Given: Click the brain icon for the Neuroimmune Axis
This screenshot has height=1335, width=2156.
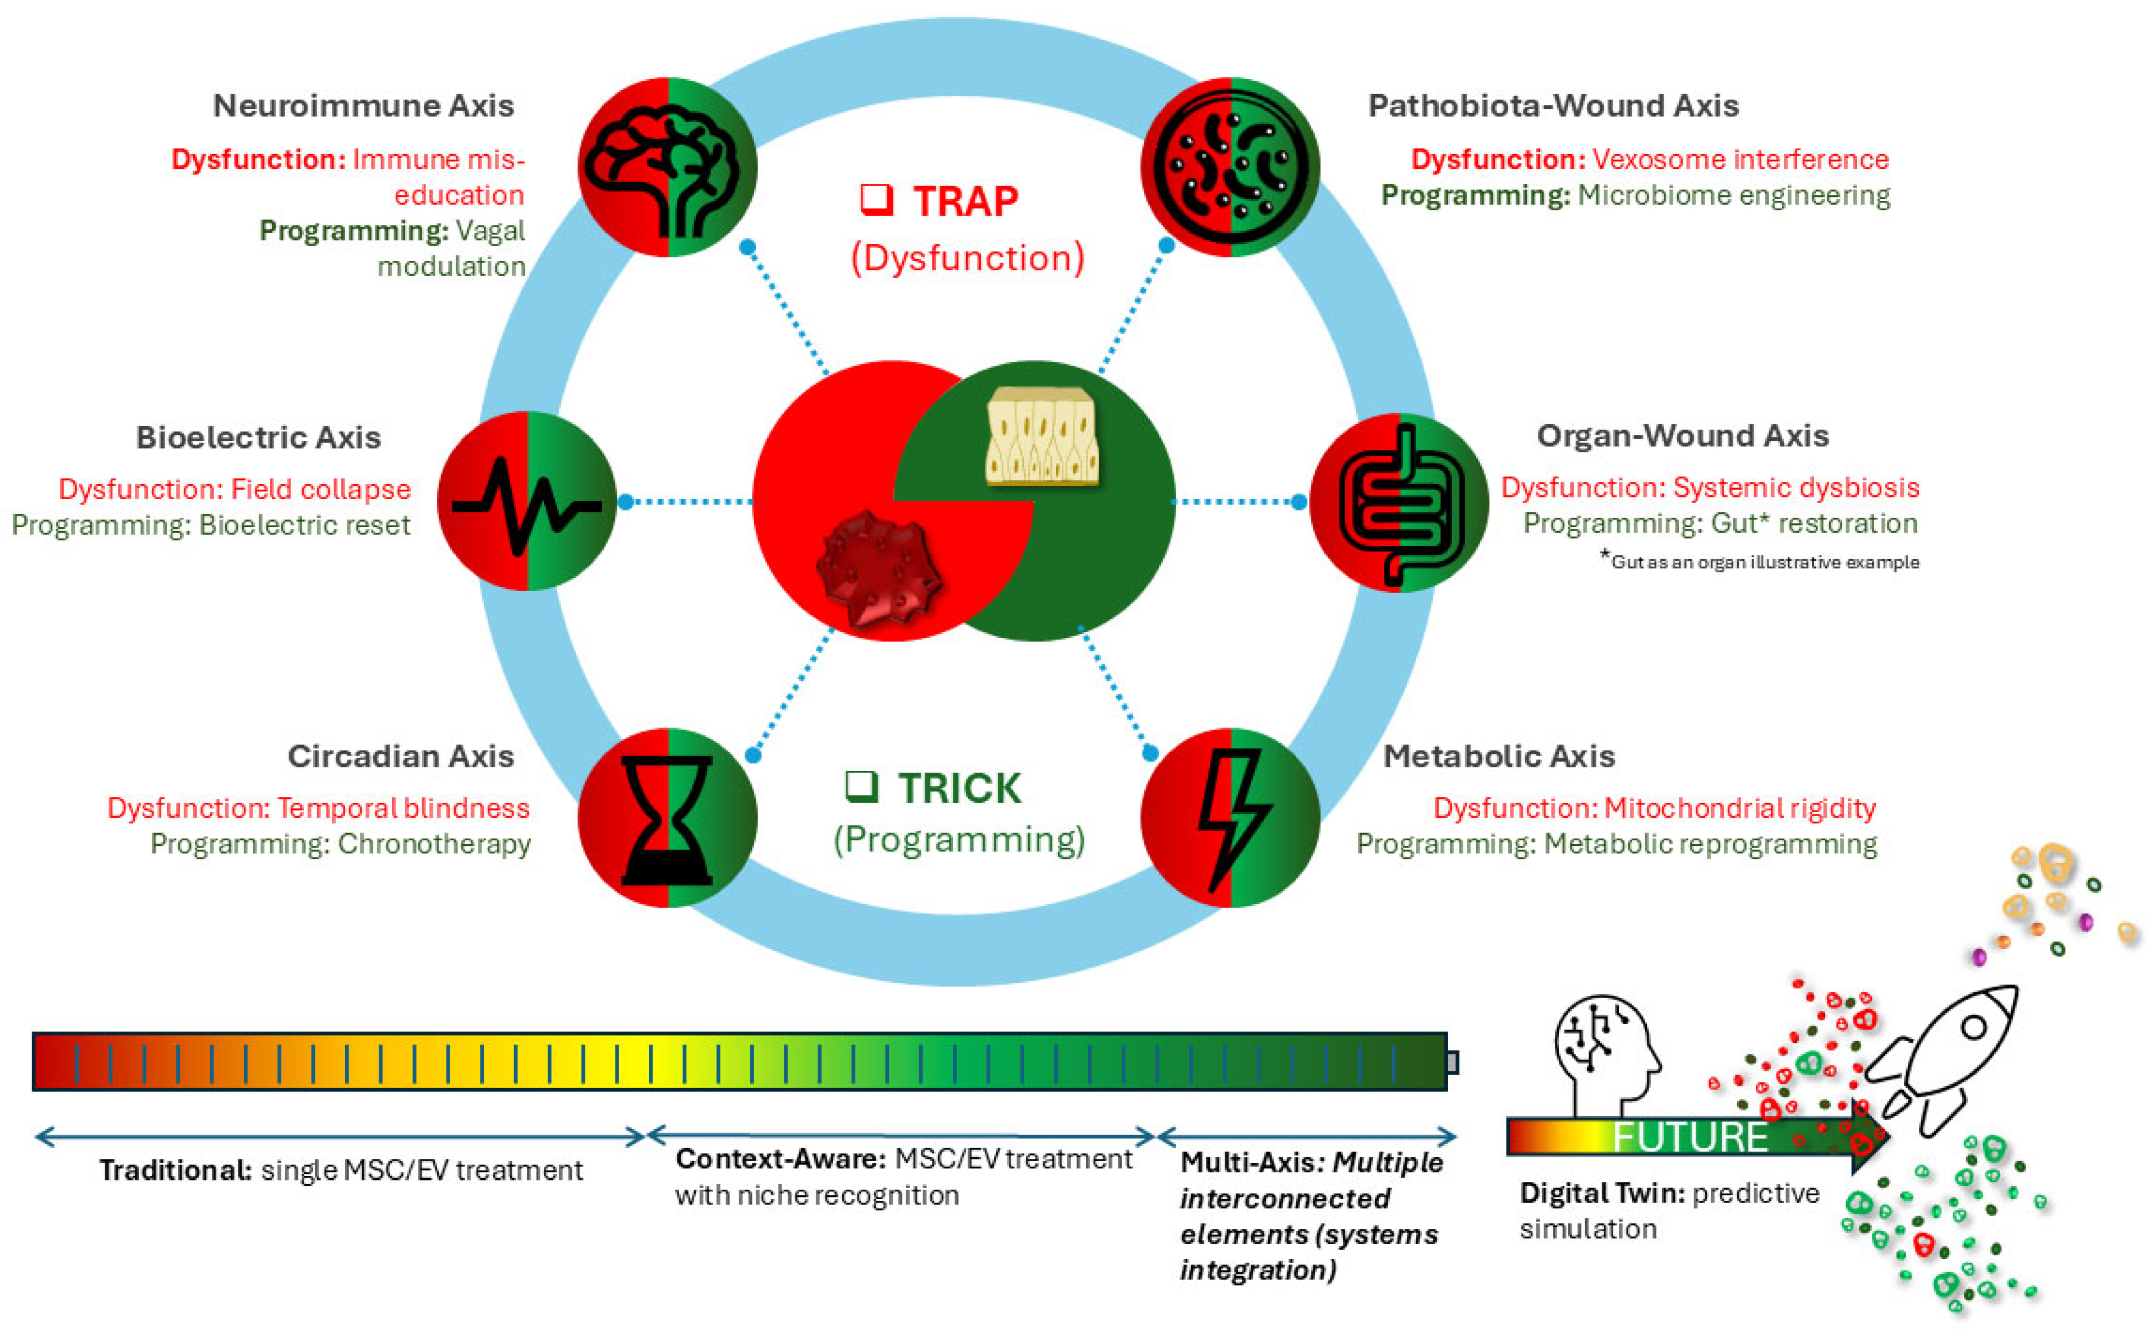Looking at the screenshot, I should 667,168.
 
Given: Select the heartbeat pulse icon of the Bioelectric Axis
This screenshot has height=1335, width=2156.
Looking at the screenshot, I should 527,501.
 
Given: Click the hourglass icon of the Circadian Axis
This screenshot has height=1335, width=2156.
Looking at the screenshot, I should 667,818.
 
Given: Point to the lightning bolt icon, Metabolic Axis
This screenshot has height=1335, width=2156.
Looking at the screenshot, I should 1230,818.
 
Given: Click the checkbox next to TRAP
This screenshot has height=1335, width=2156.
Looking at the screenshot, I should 877,200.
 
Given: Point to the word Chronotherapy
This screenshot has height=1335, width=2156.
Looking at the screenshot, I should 434,844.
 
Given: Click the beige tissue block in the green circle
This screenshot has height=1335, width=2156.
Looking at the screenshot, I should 1042,436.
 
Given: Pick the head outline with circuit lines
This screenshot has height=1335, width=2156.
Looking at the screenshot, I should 1605,1051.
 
